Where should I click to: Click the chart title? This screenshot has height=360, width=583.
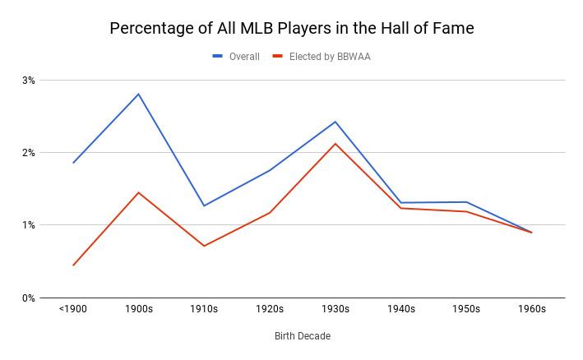pyautogui.click(x=292, y=28)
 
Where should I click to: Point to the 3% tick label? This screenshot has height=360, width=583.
pyautogui.click(x=29, y=81)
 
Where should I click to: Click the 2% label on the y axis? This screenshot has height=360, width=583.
pyautogui.click(x=29, y=153)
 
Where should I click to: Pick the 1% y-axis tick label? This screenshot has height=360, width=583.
pyautogui.click(x=29, y=225)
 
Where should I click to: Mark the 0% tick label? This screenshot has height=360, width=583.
pyautogui.click(x=29, y=298)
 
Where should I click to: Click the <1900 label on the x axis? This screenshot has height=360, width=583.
pyautogui.click(x=73, y=310)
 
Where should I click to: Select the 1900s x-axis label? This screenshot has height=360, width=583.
pyautogui.click(x=139, y=310)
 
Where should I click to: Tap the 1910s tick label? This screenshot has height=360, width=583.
pyautogui.click(x=204, y=310)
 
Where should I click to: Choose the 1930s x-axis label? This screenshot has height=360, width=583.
pyautogui.click(x=335, y=310)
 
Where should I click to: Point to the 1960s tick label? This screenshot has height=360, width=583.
pyautogui.click(x=532, y=310)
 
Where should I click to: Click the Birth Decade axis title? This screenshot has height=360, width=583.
pyautogui.click(x=303, y=336)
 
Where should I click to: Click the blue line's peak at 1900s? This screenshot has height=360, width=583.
pyautogui.click(x=139, y=94)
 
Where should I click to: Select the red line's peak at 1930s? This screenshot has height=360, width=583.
pyautogui.click(x=335, y=144)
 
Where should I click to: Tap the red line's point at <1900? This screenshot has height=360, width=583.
pyautogui.click(x=73, y=265)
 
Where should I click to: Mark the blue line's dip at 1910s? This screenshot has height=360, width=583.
pyautogui.click(x=204, y=205)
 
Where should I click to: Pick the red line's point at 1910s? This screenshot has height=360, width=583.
pyautogui.click(x=204, y=246)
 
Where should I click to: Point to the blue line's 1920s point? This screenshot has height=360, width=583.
pyautogui.click(x=270, y=170)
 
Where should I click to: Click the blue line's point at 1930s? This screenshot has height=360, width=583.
pyautogui.click(x=335, y=122)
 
